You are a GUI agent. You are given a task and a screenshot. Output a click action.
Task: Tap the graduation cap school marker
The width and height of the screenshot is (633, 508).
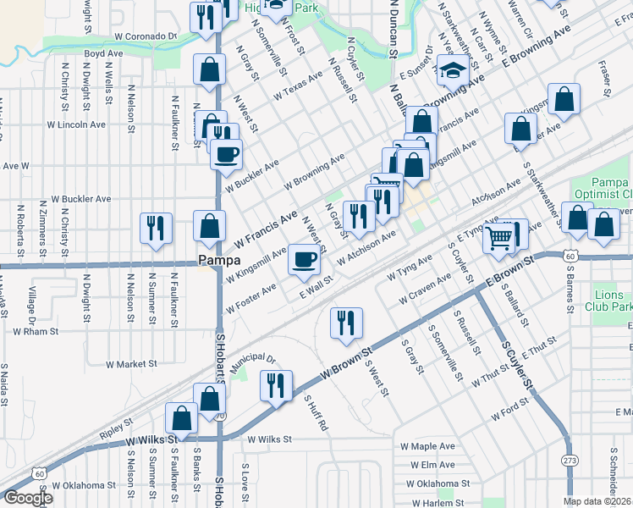pos(454,70)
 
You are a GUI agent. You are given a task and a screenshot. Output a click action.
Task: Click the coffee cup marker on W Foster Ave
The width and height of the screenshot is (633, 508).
pos(305,259)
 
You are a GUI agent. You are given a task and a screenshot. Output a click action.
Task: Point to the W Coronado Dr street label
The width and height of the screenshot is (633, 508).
pos(146,38)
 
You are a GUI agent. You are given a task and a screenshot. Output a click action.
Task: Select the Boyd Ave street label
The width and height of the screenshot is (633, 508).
pos(103,53)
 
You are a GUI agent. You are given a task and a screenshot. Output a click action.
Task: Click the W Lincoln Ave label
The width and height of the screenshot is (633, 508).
pos(77,124)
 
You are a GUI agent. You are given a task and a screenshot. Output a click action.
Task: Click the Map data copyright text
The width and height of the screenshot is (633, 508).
pos(597,501)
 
